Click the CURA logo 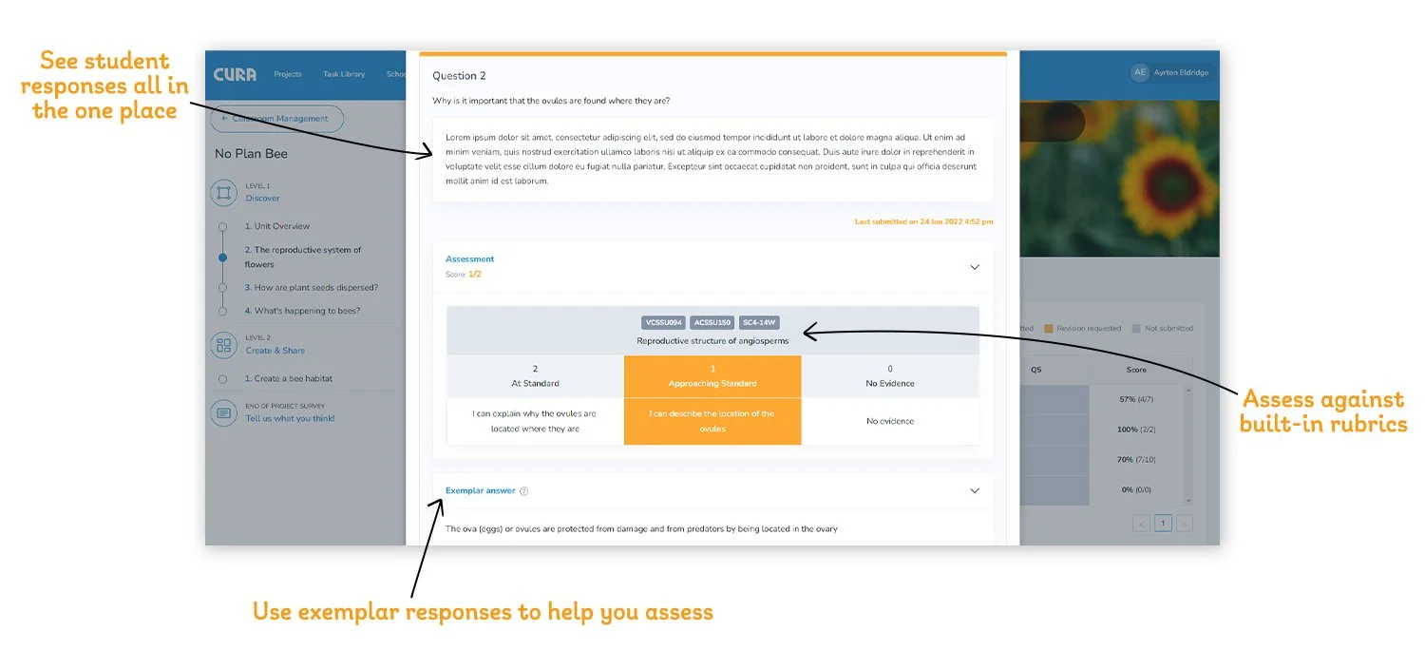point(235,74)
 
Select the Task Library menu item point(344,74)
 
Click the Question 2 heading point(459,76)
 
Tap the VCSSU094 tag point(663,323)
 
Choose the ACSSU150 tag point(712,323)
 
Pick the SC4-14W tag point(760,323)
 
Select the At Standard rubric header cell point(535,376)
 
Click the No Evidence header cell point(890,376)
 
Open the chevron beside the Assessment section point(974,267)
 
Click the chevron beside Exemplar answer point(974,490)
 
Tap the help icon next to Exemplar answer point(524,491)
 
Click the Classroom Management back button point(276,119)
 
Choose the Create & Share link point(275,351)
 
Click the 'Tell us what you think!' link point(290,418)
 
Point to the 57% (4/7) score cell point(1136,400)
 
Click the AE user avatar point(1139,73)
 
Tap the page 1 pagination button point(1163,524)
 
